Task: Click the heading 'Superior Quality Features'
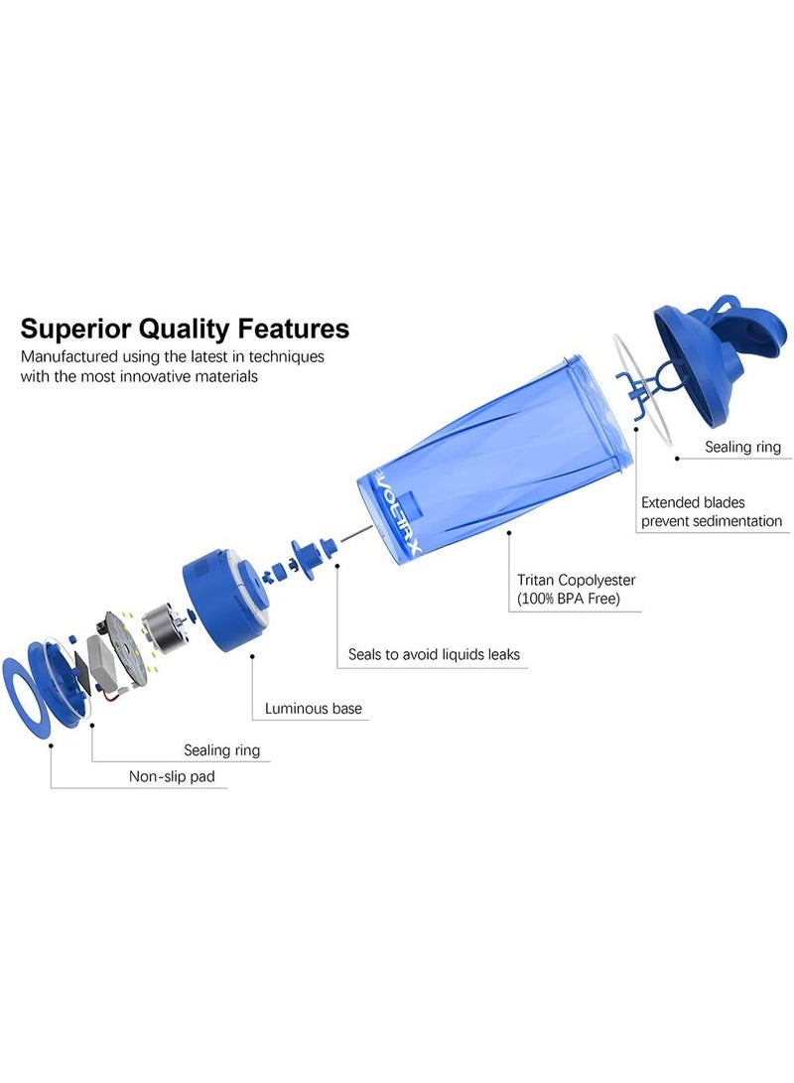coord(185,329)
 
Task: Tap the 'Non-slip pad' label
coord(172,776)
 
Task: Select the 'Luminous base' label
coord(314,708)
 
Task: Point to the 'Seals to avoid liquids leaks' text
coord(434,654)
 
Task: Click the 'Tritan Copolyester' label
coord(576,580)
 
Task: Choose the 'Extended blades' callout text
coord(693,502)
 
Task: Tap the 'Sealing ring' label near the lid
coord(743,447)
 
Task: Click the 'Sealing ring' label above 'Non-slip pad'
coord(221,750)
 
